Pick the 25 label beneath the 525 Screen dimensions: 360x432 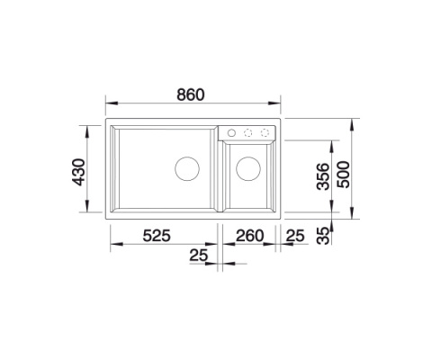coord(200,256)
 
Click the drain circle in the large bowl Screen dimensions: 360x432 coord(187,168)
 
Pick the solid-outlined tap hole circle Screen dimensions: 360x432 coord(232,132)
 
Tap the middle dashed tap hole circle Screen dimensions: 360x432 coord(248,132)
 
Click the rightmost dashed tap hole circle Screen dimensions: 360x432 coord(265,132)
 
